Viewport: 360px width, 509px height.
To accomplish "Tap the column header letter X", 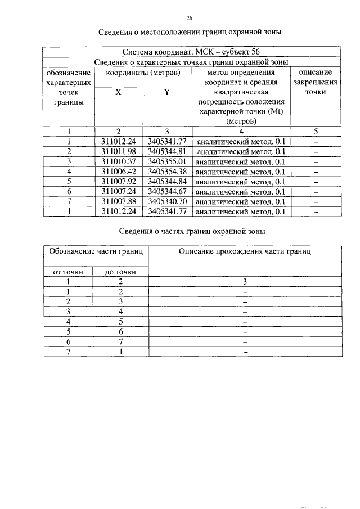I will tap(118, 92).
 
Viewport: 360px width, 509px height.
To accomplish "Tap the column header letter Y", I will tap(167, 92).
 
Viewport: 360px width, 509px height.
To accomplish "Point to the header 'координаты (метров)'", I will tap(143, 73).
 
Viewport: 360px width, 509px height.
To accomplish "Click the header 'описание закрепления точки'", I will tap(315, 82).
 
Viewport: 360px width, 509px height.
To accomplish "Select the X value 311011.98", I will tap(118, 151).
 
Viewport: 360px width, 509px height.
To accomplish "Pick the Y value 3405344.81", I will tap(167, 151).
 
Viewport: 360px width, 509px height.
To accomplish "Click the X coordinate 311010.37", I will tap(118, 161).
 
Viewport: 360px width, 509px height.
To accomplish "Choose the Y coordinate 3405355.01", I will tap(167, 161).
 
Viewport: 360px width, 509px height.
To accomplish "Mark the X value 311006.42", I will tap(118, 172).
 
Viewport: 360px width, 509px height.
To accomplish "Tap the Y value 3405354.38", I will tap(167, 172).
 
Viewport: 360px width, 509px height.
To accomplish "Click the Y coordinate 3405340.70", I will tap(167, 202).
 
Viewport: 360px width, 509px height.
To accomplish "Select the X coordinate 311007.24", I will tap(118, 192).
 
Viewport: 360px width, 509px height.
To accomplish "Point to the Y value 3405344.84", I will tap(167, 182).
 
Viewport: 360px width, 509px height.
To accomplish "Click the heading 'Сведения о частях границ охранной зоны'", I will tap(191, 231).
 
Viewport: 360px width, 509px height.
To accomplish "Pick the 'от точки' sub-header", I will tap(68, 272).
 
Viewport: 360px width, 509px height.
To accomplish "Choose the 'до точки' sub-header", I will tap(121, 272).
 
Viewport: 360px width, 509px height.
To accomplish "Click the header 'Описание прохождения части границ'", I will tap(245, 251).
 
